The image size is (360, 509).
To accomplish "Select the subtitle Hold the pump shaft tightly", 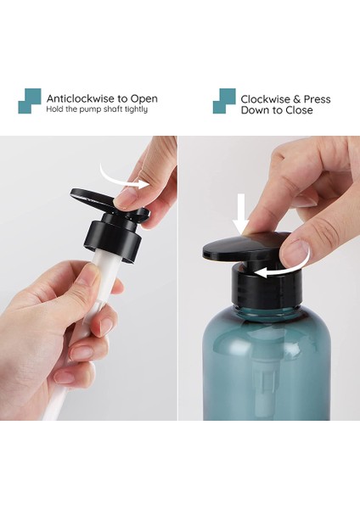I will click(x=97, y=109).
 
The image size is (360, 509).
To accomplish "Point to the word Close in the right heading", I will click(x=296, y=110).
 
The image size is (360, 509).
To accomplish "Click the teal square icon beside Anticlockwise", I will click(x=29, y=101).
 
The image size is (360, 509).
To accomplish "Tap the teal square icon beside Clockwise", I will click(x=224, y=101).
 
